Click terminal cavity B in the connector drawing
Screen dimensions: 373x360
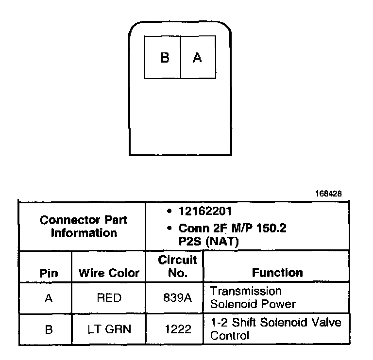click(x=163, y=58)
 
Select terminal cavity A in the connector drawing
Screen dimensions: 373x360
click(x=197, y=58)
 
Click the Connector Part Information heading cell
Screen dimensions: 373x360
click(x=84, y=226)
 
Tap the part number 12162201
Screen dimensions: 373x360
click(x=204, y=212)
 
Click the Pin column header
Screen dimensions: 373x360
click(x=49, y=273)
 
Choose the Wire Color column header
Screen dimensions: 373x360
click(x=109, y=273)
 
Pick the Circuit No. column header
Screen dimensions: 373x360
click(x=177, y=266)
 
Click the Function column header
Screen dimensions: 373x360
click(x=277, y=273)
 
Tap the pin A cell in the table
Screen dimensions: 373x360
click(x=48, y=298)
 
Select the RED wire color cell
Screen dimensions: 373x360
click(x=109, y=298)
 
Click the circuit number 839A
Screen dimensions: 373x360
click(x=177, y=298)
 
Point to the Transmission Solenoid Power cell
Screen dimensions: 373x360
click(x=253, y=297)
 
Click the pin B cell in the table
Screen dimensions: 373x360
click(x=48, y=329)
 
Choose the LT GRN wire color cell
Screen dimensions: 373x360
click(x=109, y=329)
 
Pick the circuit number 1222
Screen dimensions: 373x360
click(x=177, y=329)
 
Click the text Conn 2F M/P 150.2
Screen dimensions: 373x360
click(x=232, y=228)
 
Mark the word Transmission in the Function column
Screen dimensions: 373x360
click(x=246, y=291)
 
